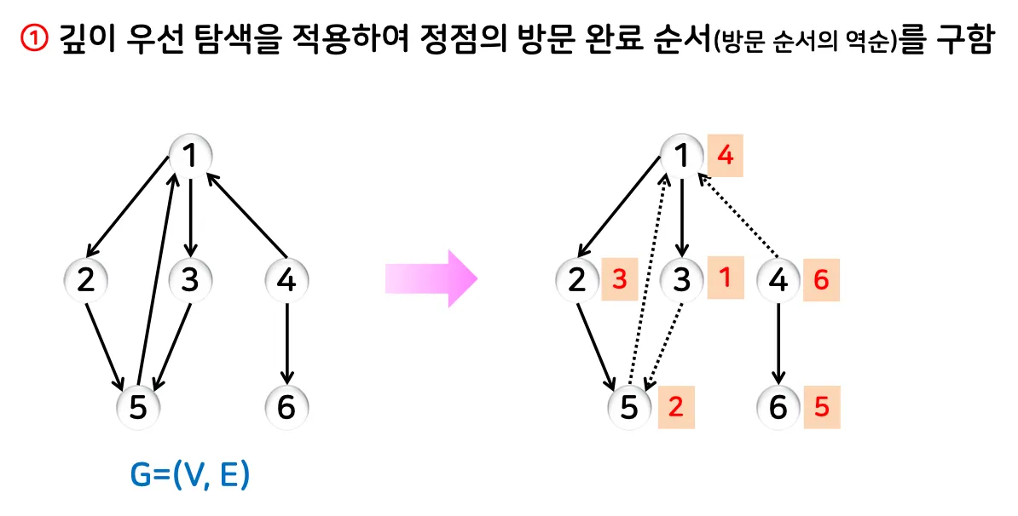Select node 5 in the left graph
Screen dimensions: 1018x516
click(x=138, y=407)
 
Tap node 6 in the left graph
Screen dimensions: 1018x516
click(x=286, y=407)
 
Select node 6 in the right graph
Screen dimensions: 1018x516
click(x=778, y=407)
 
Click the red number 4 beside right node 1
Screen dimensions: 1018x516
click(x=726, y=156)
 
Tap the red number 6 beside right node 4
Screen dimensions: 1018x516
click(x=821, y=280)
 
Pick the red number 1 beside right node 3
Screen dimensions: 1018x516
click(x=724, y=278)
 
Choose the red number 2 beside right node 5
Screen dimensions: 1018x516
click(x=676, y=407)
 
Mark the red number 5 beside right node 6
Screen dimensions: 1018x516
click(x=821, y=407)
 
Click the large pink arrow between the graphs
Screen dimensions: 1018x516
click(x=431, y=278)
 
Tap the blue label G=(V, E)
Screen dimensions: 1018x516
click(x=189, y=476)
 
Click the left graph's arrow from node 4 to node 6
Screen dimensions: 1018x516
click(x=286, y=341)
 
